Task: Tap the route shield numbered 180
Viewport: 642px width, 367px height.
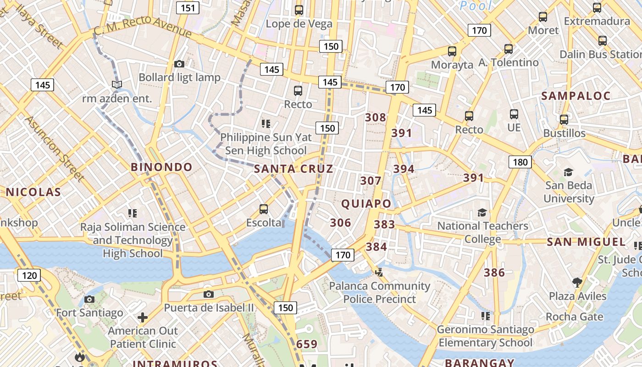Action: point(520,162)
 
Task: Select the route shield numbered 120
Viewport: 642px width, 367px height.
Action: point(29,275)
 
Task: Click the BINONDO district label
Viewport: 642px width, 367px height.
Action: point(161,167)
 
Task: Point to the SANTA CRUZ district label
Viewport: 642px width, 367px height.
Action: point(293,169)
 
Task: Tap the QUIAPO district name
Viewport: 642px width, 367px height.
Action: point(366,204)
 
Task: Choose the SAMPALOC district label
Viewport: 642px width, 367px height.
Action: point(576,96)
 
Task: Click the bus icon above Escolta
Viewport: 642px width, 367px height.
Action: point(264,209)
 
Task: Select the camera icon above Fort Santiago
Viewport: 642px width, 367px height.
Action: point(89,300)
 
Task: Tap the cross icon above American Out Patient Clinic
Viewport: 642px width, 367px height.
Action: point(143,317)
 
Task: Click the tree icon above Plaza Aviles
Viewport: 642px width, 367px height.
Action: point(577,282)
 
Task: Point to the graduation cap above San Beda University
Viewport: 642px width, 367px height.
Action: point(568,172)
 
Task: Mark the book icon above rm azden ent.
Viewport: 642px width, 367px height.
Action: point(117,85)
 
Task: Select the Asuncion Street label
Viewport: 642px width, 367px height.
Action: point(54,148)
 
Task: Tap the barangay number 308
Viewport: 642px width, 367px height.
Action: point(375,117)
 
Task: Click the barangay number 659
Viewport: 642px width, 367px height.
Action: point(307,344)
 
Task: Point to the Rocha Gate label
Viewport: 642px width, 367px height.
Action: point(574,317)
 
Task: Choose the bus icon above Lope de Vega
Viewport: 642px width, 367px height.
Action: point(299,10)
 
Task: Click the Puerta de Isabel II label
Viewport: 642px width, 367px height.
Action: point(209,308)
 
